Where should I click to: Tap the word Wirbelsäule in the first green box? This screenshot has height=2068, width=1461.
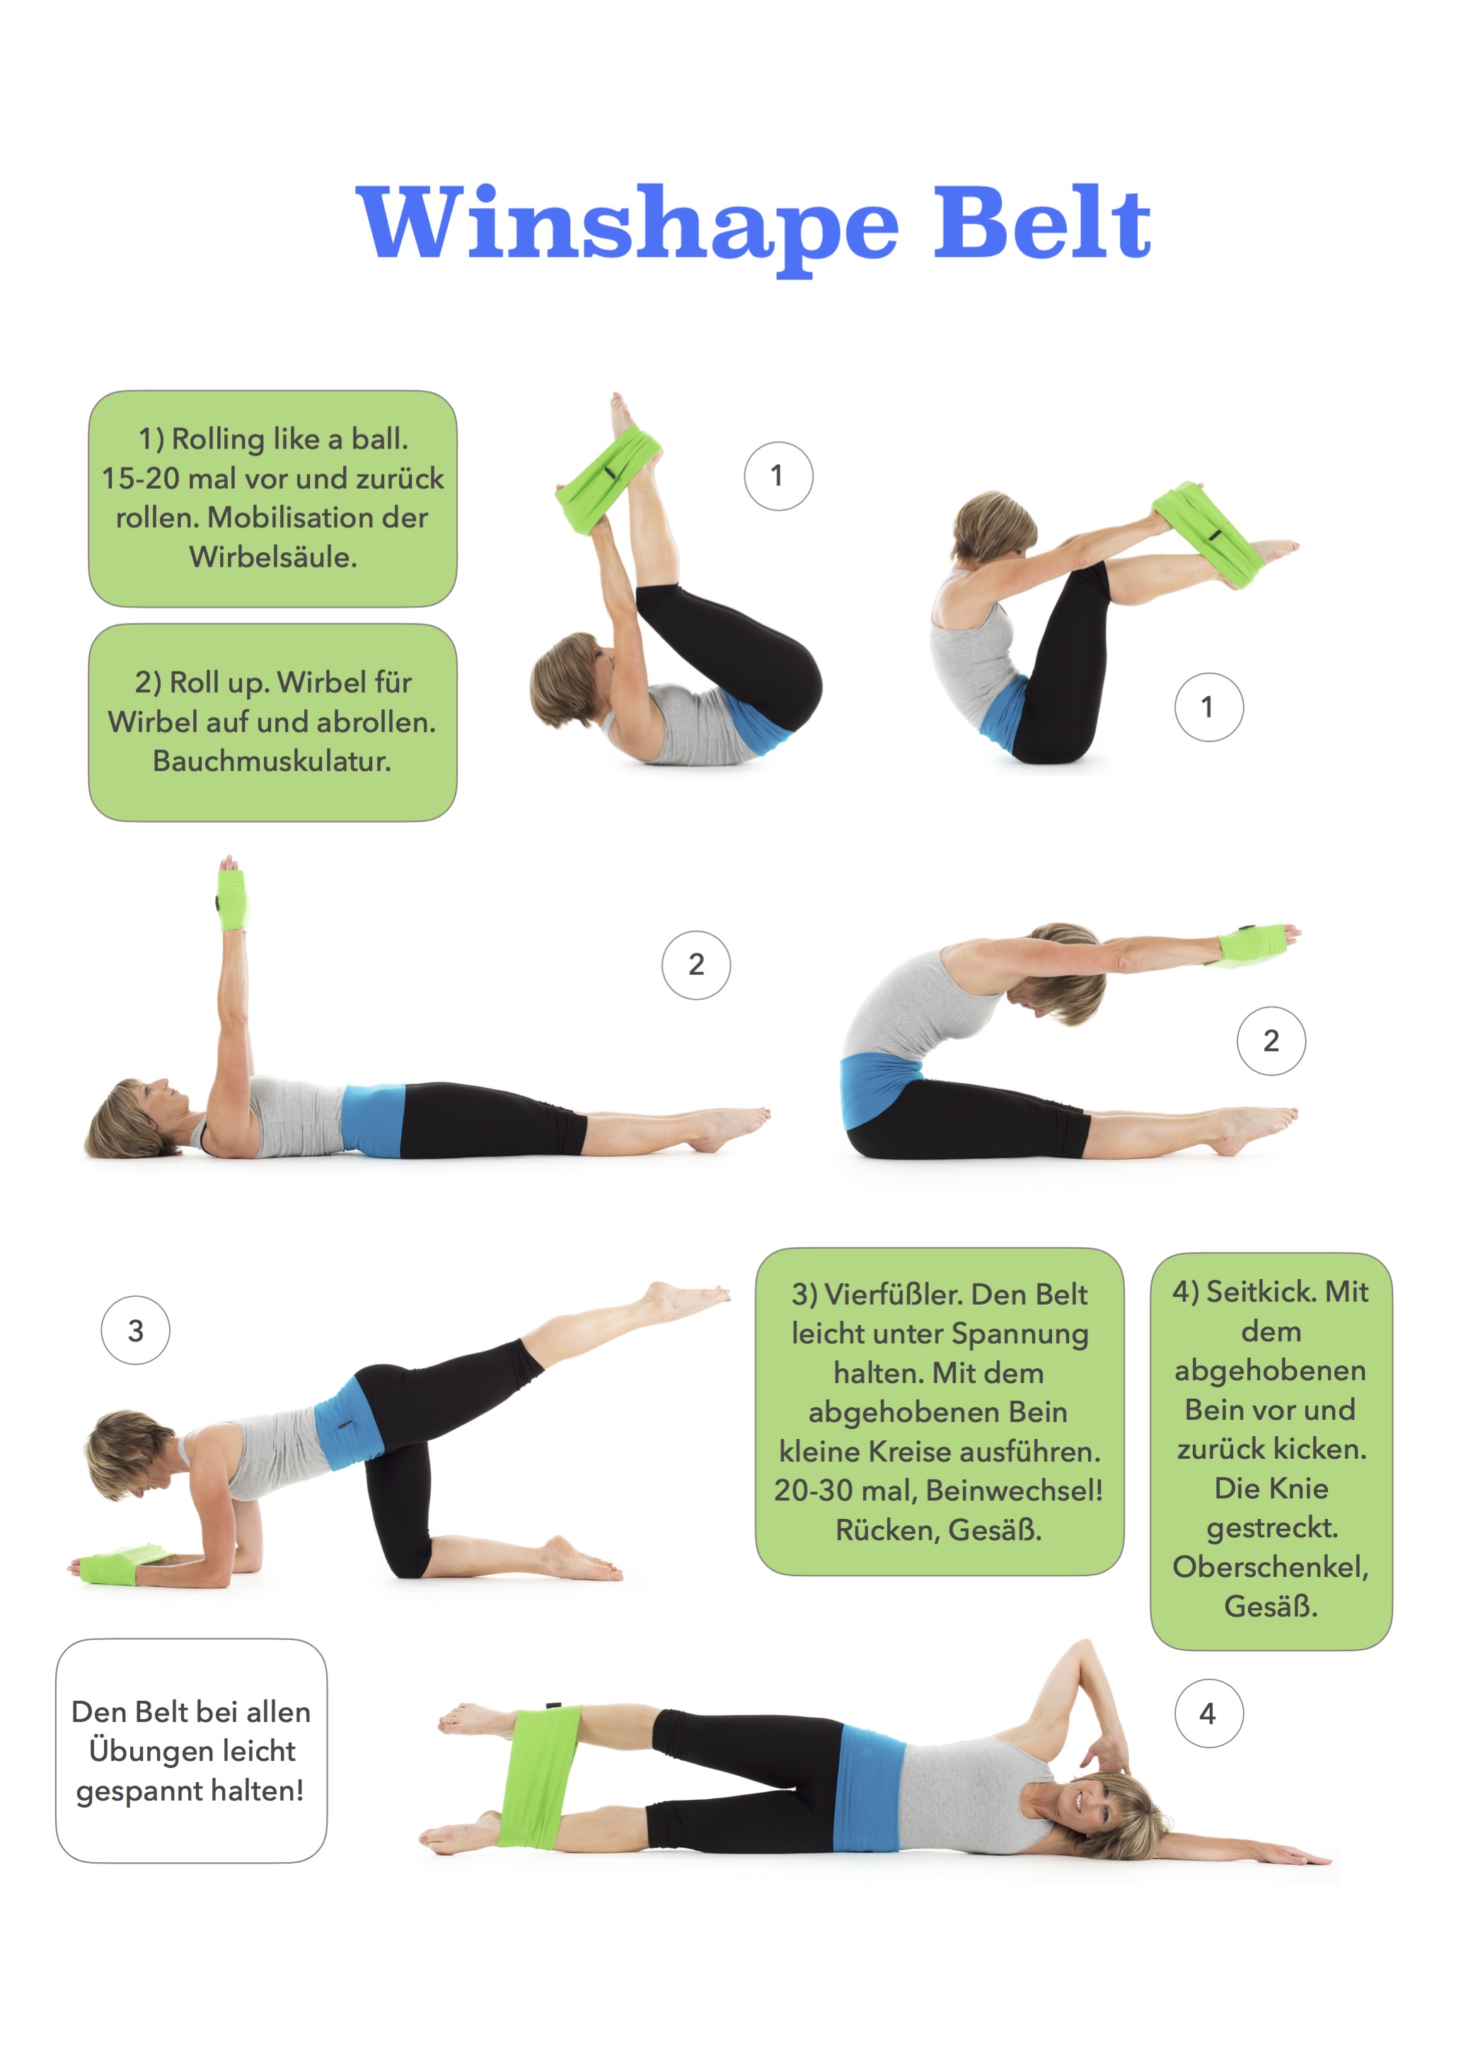point(273,557)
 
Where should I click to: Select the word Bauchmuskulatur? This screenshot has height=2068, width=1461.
point(271,761)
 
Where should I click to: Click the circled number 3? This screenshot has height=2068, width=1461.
point(135,1330)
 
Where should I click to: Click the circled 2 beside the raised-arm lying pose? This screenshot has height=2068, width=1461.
point(696,964)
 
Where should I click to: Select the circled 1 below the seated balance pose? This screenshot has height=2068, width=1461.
point(1209,707)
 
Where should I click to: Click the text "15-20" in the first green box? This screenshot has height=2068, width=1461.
point(139,478)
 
